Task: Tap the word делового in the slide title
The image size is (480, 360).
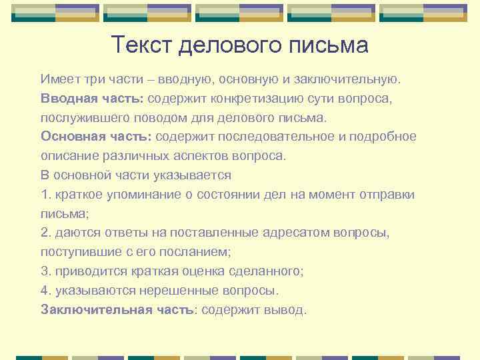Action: pos(229,45)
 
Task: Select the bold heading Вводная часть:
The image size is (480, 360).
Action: pos(92,99)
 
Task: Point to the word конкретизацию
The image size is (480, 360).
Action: pos(258,99)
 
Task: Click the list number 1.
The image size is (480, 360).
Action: pos(45,195)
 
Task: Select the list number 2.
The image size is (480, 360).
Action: pos(45,233)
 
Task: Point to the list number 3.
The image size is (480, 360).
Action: pos(45,271)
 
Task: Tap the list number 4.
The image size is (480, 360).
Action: pos(45,290)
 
